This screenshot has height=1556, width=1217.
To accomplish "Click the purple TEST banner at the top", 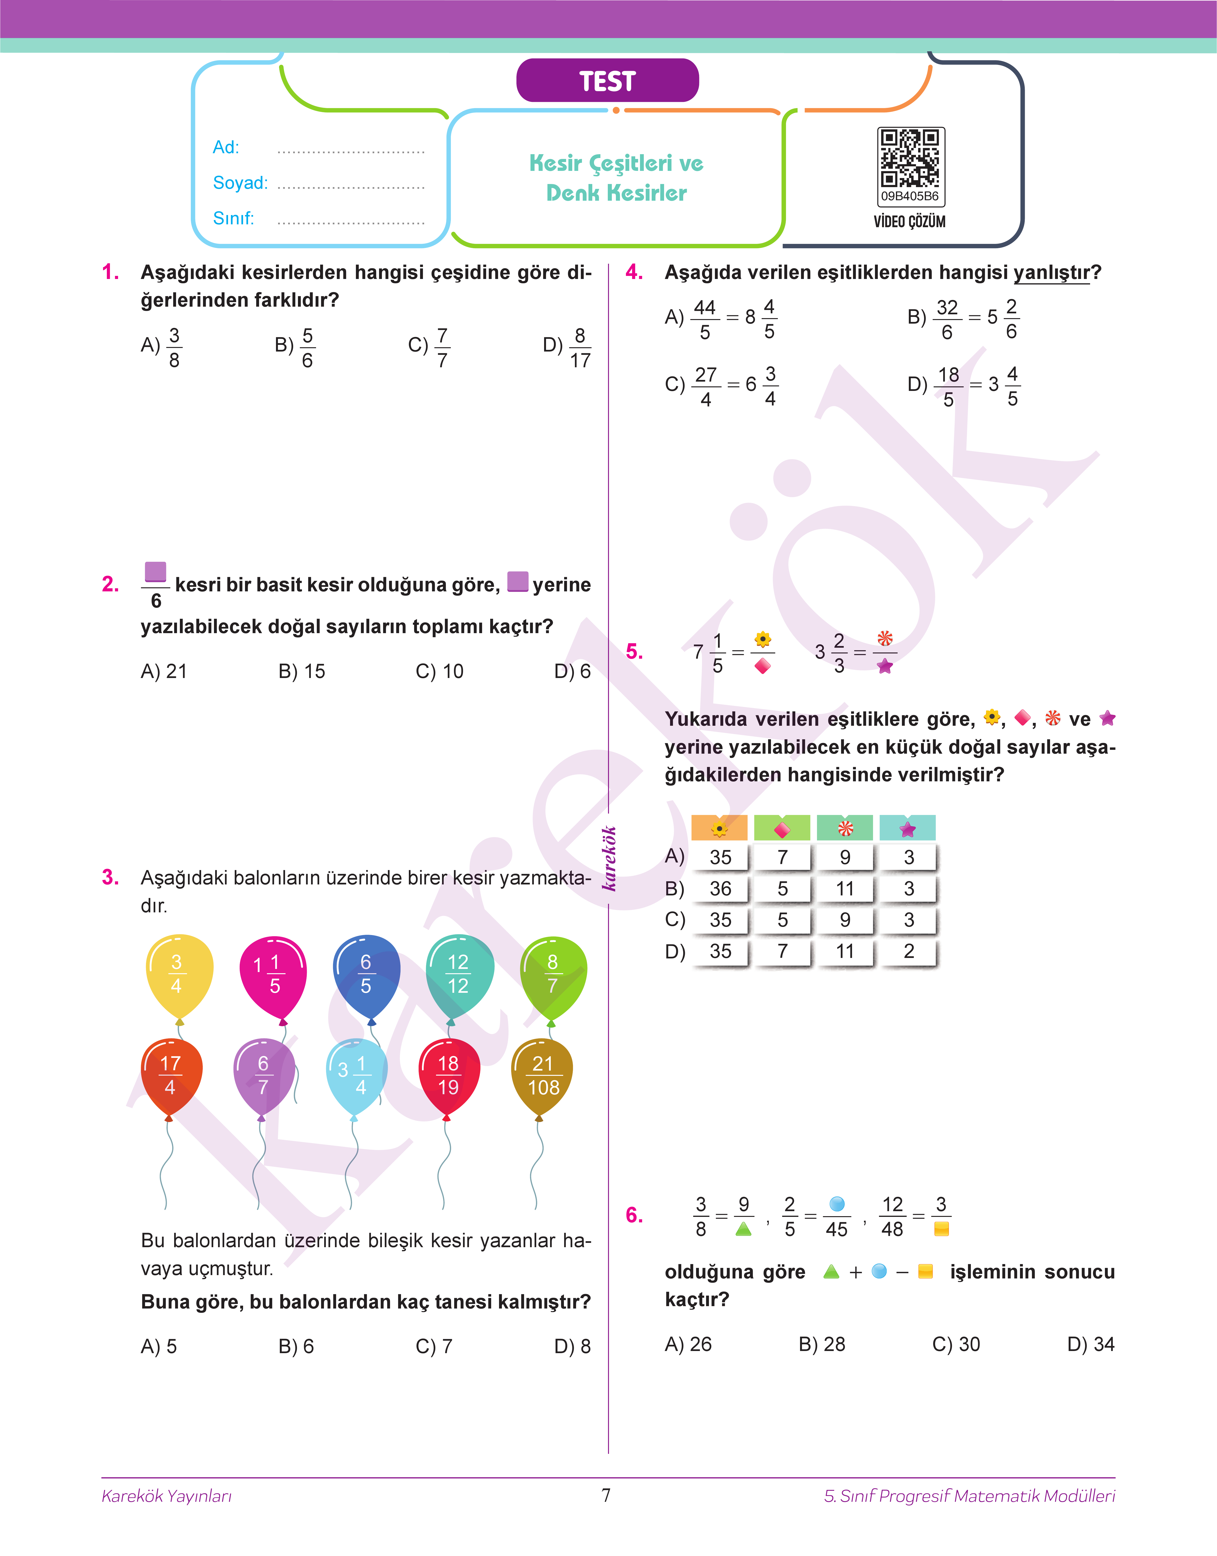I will (607, 80).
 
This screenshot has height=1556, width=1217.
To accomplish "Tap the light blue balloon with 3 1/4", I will (356, 1076).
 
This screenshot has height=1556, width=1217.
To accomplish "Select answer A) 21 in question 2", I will (164, 671).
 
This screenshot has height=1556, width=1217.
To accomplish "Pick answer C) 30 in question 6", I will (956, 1344).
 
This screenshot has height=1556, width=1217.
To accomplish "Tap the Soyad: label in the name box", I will (240, 183).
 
